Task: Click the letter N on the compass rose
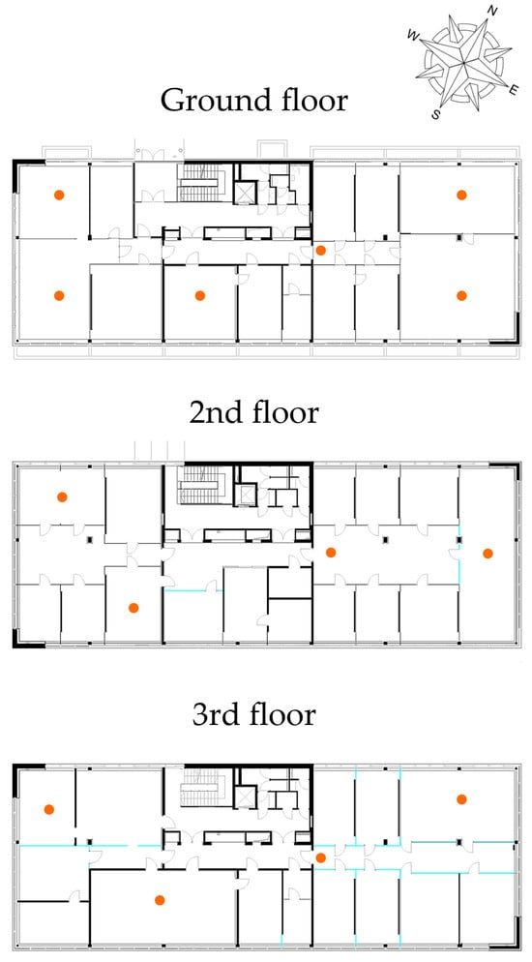(492, 11)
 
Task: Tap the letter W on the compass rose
(413, 37)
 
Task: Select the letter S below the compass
(436, 114)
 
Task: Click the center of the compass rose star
(462, 61)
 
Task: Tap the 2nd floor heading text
(253, 413)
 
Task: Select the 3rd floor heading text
(253, 715)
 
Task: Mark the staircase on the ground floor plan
(199, 183)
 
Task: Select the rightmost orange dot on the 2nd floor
(488, 553)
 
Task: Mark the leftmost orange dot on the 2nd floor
(61, 496)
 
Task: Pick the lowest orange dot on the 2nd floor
(133, 608)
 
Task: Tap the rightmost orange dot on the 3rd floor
(461, 798)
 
